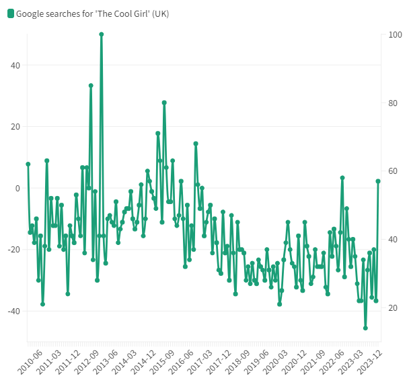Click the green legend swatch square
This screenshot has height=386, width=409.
tap(10, 14)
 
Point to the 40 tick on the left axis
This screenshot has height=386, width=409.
tap(14, 65)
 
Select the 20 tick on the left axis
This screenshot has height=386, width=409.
tap(14, 127)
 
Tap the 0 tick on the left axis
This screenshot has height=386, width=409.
tap(17, 188)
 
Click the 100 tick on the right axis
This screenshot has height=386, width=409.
tap(396, 34)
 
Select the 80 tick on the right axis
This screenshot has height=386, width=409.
tap(394, 103)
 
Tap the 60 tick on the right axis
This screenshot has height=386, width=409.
tap(394, 171)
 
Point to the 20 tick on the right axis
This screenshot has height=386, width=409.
tap(394, 308)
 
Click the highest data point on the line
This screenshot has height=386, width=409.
tap(101, 34)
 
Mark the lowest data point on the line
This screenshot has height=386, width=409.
tap(365, 328)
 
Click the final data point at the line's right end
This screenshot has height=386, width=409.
tap(378, 181)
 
